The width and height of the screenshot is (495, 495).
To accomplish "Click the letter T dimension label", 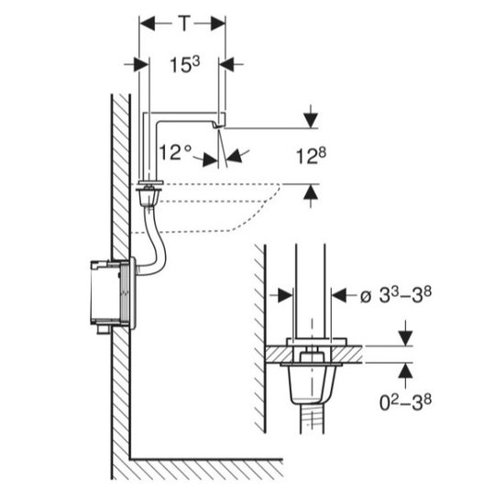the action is click(x=184, y=23).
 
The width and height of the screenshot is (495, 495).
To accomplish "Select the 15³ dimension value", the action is click(x=184, y=65).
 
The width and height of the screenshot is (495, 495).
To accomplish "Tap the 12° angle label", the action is click(x=175, y=152).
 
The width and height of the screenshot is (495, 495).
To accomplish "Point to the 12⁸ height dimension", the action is click(x=311, y=156).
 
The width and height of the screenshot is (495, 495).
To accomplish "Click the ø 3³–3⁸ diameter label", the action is click(x=396, y=296).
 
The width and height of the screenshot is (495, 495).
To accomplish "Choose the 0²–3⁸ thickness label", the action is click(x=405, y=402).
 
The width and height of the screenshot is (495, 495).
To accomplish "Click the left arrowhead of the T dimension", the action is click(x=147, y=24).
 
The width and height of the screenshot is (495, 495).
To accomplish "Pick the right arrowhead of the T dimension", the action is click(x=218, y=24).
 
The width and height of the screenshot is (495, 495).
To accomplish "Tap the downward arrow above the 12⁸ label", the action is click(x=312, y=116).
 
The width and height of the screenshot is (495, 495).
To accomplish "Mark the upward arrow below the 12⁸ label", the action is click(x=312, y=196).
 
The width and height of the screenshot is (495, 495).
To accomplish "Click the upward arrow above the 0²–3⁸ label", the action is click(x=406, y=375).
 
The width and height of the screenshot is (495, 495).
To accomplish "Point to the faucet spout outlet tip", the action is click(x=218, y=126).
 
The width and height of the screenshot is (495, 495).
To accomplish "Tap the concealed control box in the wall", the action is click(x=111, y=292).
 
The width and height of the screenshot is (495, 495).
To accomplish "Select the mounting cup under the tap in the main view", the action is click(x=148, y=196).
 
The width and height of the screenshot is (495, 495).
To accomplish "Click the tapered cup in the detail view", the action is click(x=312, y=384).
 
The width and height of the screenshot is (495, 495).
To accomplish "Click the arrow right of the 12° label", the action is click(x=238, y=155).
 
